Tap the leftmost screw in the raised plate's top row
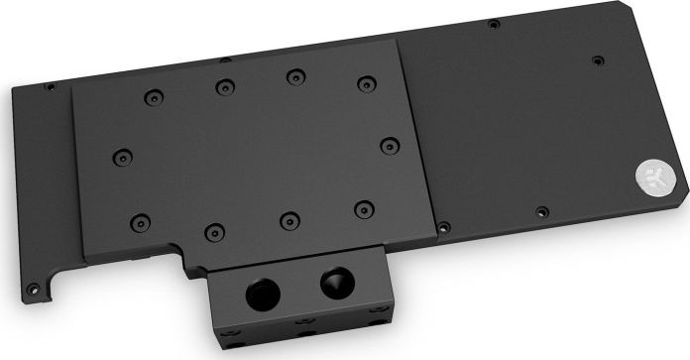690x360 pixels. [x=151, y=97]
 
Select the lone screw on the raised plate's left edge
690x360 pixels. [x=121, y=155]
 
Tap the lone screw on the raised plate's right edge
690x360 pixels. [x=389, y=144]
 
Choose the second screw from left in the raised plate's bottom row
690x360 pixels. [x=211, y=231]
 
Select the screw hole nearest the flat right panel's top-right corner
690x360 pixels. [x=597, y=60]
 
